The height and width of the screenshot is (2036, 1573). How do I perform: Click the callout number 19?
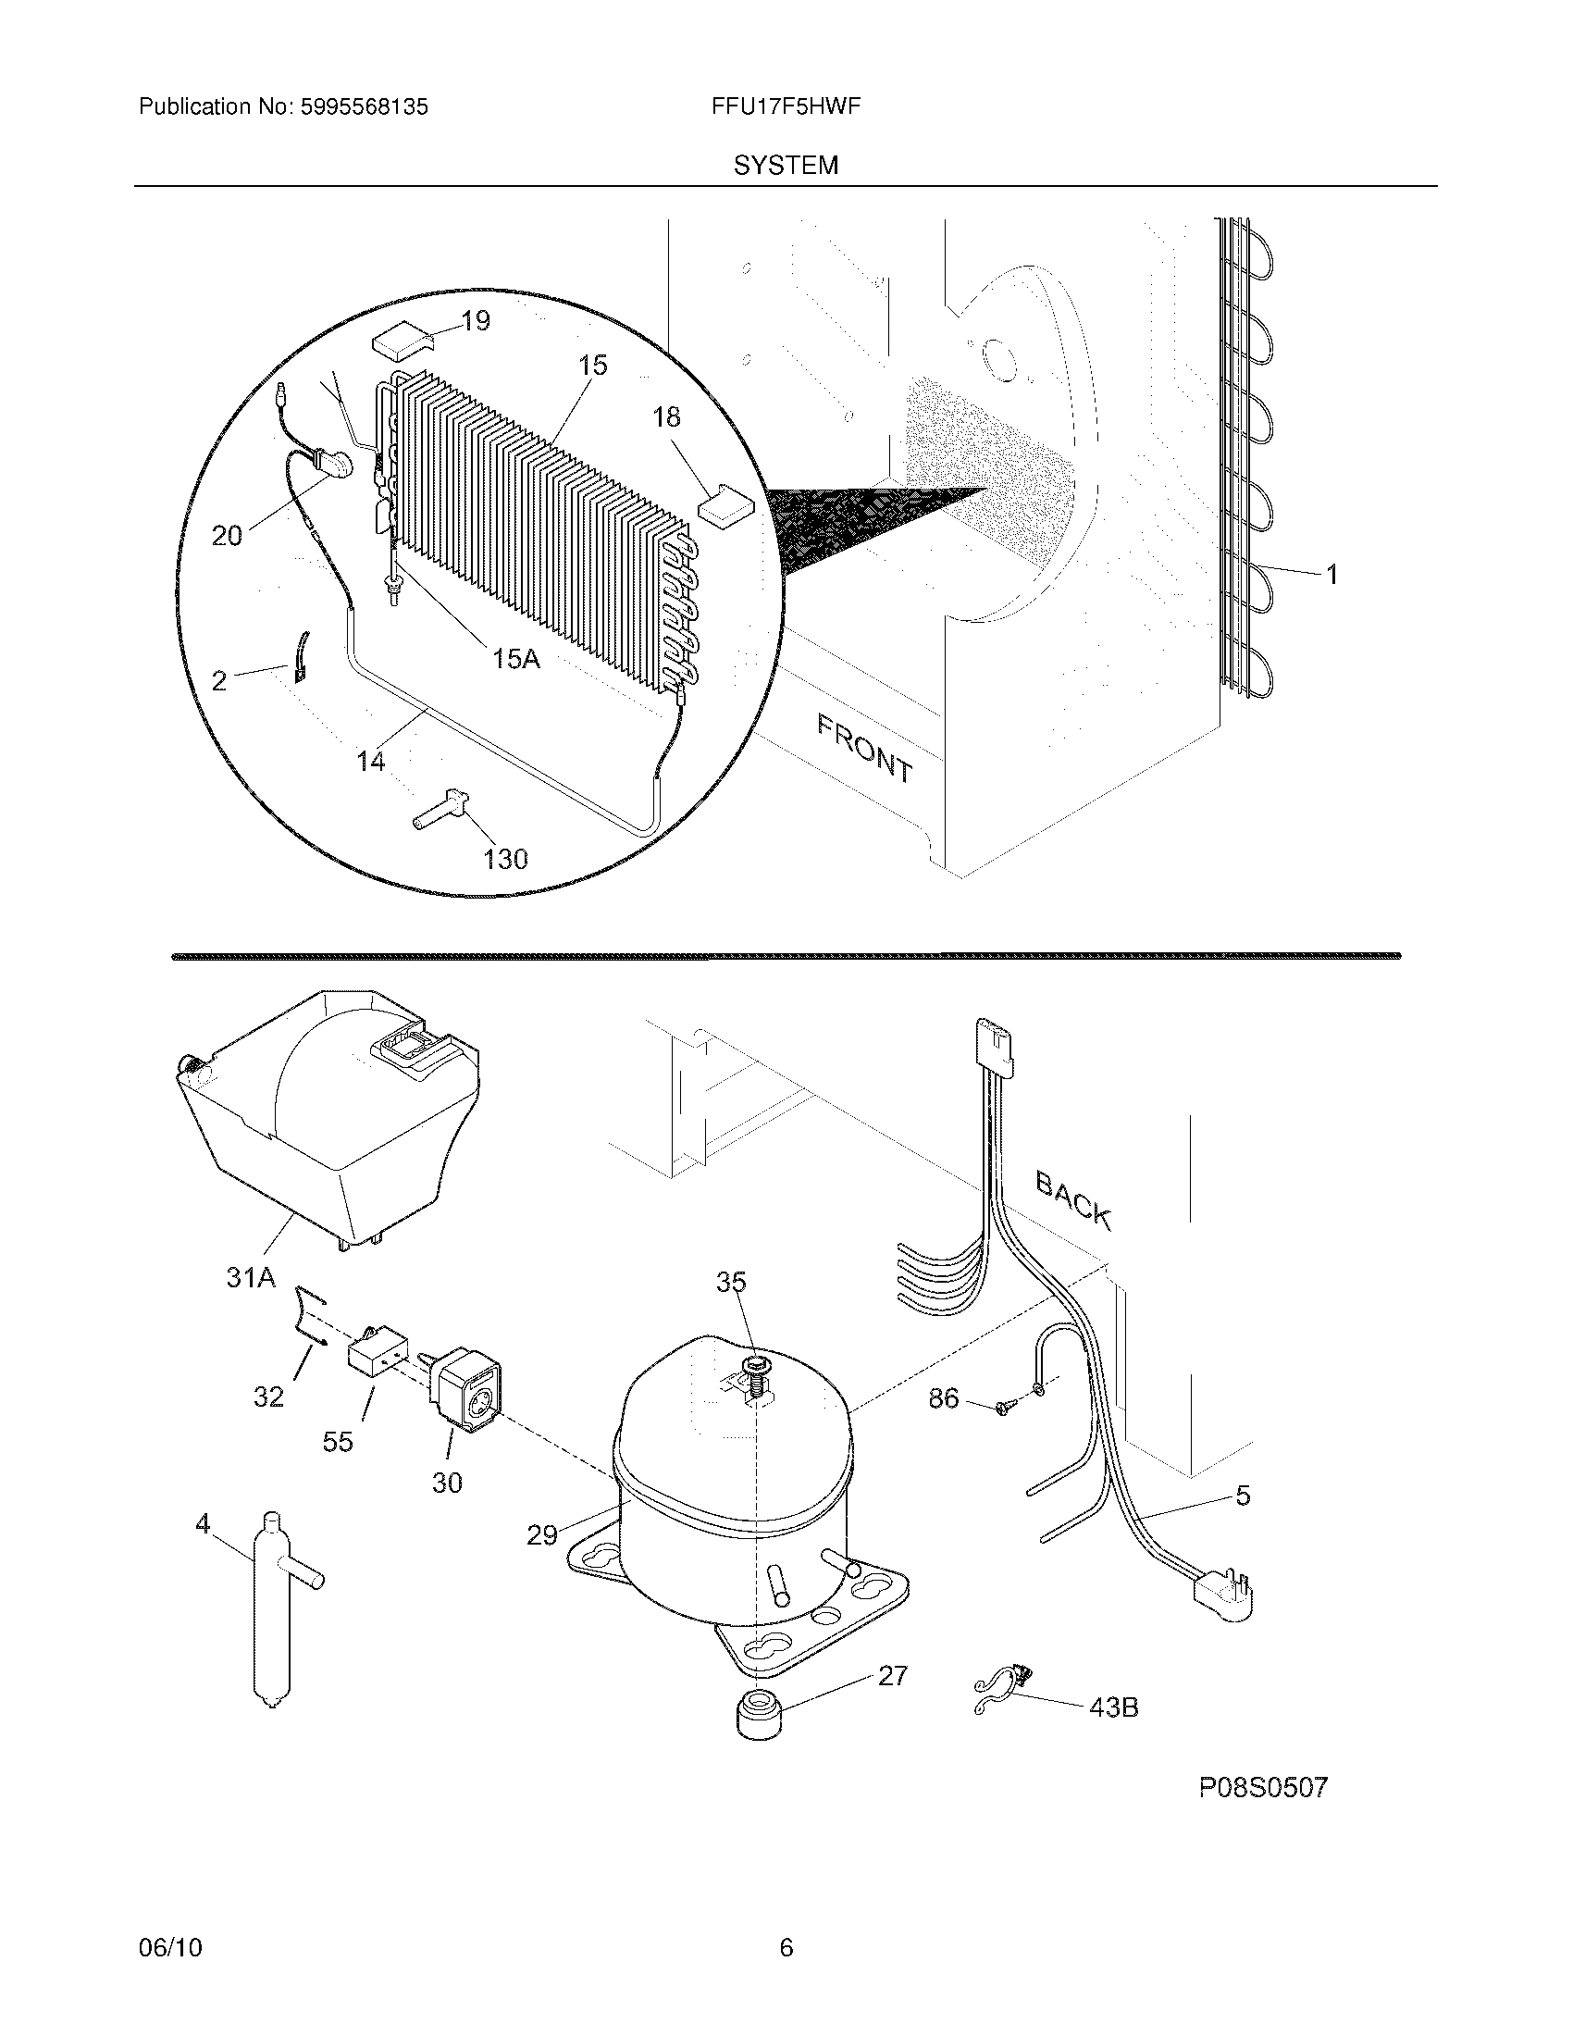click(x=476, y=322)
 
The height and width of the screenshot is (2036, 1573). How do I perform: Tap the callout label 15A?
click(x=515, y=659)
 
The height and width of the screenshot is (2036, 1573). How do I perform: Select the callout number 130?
click(x=506, y=859)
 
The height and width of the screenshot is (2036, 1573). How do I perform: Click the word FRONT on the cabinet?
click(x=865, y=747)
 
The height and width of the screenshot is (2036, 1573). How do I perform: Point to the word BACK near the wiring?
click(x=1073, y=1201)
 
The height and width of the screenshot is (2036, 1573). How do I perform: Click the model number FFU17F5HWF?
click(x=785, y=106)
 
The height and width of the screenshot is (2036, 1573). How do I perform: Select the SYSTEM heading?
click(x=786, y=166)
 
